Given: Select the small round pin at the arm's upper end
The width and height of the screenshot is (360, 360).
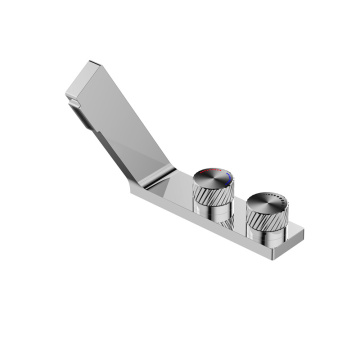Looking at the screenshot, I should (72, 100).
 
